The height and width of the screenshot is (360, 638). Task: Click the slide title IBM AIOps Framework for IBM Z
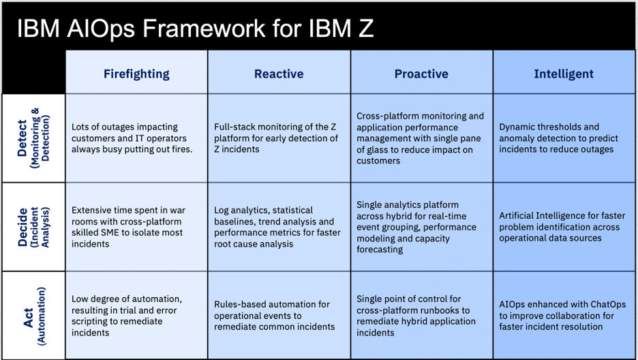click(x=194, y=28)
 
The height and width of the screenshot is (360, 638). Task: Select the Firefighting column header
click(x=136, y=74)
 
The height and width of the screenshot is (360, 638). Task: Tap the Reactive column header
click(x=279, y=74)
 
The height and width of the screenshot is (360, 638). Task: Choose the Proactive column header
click(x=421, y=74)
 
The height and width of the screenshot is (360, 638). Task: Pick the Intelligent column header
click(x=564, y=74)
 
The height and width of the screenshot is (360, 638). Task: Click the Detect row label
click(x=32, y=137)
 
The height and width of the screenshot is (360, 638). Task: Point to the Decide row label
click(x=32, y=226)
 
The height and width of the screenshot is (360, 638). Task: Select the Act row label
click(x=32, y=315)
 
